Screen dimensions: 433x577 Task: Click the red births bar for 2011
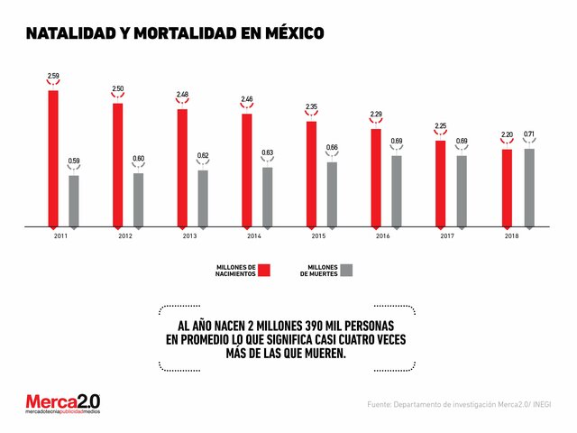pyautogui.click(x=53, y=158)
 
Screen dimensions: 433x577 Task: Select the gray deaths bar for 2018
pyautogui.click(x=529, y=187)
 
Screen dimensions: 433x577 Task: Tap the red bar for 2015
pyautogui.click(x=311, y=173)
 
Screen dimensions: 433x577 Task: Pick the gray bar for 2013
pyautogui.click(x=203, y=198)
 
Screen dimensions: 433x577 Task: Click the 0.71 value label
pyautogui.click(x=529, y=134)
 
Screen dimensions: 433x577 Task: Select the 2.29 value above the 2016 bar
pyautogui.click(x=375, y=114)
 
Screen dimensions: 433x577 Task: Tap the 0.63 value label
pyautogui.click(x=267, y=152)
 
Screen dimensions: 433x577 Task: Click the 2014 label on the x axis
pyautogui.click(x=254, y=235)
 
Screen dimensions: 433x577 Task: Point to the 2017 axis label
pyautogui.click(x=447, y=235)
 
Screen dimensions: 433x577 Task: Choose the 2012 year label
pyautogui.click(x=125, y=235)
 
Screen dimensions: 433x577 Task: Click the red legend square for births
pyautogui.click(x=264, y=271)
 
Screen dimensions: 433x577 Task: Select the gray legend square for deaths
pyautogui.click(x=346, y=271)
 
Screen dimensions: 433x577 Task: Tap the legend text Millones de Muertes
pyautogui.click(x=318, y=271)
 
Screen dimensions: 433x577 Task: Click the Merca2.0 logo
pyautogui.click(x=62, y=404)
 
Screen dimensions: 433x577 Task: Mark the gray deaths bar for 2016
pyautogui.click(x=396, y=190)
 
